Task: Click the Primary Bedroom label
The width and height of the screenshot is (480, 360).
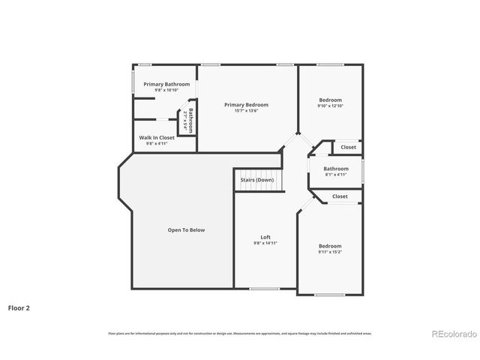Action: point(246,105)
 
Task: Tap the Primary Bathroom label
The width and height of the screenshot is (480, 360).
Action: point(166,84)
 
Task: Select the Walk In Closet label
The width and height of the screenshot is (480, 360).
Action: point(157,138)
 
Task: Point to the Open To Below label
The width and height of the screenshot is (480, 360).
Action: point(186,230)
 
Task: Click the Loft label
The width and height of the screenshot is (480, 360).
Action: point(255,237)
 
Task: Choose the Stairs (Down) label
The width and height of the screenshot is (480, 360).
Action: point(256,180)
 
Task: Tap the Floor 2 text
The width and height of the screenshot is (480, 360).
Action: point(19,307)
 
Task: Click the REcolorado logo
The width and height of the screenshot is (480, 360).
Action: point(451,334)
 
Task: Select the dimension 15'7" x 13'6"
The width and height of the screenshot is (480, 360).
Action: point(246,111)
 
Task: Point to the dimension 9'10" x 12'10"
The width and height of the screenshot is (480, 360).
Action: point(330,106)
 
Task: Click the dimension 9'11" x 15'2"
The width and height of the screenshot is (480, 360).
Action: point(330,252)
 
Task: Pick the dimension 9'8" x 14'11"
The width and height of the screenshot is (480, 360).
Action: point(255,243)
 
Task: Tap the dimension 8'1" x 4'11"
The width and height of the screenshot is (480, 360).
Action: point(336,175)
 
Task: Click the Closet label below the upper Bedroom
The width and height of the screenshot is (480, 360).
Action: point(349,147)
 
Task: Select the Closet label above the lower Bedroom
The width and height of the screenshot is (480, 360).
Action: point(340,196)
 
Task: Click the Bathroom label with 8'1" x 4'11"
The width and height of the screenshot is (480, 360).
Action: point(336,169)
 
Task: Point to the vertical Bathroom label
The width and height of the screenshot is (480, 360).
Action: point(190,121)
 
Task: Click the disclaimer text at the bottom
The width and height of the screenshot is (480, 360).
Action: point(240,333)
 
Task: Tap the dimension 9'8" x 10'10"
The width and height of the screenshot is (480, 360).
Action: point(166,90)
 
